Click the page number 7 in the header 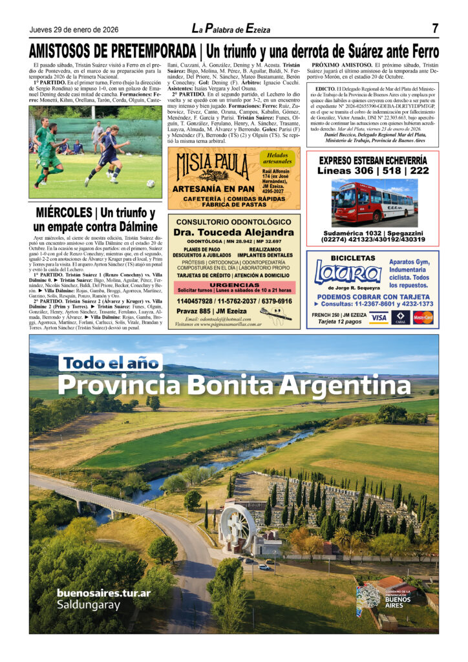(435, 28)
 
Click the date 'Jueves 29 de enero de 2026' (74, 30)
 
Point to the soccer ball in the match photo (150, 184)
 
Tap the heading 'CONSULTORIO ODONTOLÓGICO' (234, 222)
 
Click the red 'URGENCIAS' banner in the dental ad (234, 284)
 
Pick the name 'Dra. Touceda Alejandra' (234, 232)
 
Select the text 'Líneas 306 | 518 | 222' (372, 171)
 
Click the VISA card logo (378, 317)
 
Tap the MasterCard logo (423, 317)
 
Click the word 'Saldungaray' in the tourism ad (89, 605)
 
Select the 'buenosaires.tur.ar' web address (103, 592)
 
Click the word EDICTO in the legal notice (325, 89)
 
